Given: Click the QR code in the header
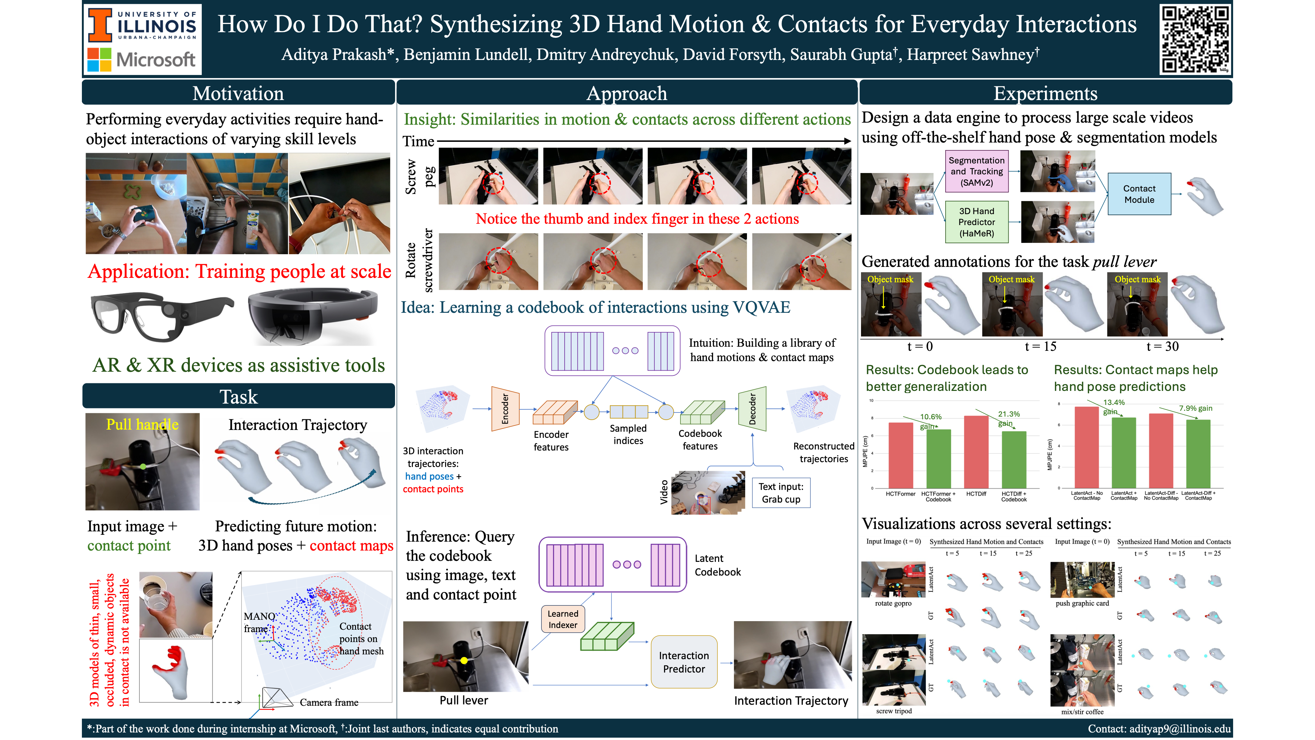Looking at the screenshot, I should coord(1195,39).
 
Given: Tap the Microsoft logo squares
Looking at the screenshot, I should coord(99,59).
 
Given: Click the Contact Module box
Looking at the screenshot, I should coord(1139,194).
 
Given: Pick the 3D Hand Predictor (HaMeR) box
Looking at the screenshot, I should coord(976,222).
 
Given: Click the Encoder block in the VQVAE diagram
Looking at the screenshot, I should coord(505,409).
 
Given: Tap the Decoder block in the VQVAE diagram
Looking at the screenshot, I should coord(752,409).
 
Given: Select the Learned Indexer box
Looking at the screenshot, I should coord(563,619).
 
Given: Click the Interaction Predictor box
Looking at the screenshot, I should coord(684,662).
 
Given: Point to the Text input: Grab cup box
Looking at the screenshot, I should coord(781,493).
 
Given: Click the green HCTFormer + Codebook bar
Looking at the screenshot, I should coord(938,458).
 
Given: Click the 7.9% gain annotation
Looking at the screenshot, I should coord(1195,408).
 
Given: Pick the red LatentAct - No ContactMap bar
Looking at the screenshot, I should coord(1086,447).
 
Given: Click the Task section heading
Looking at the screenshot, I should coord(238,396).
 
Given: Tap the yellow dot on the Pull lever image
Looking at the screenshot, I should coord(464,661).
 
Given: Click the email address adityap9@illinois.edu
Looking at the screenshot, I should coord(1179,729).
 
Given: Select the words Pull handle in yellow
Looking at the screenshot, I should coord(143,424).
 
